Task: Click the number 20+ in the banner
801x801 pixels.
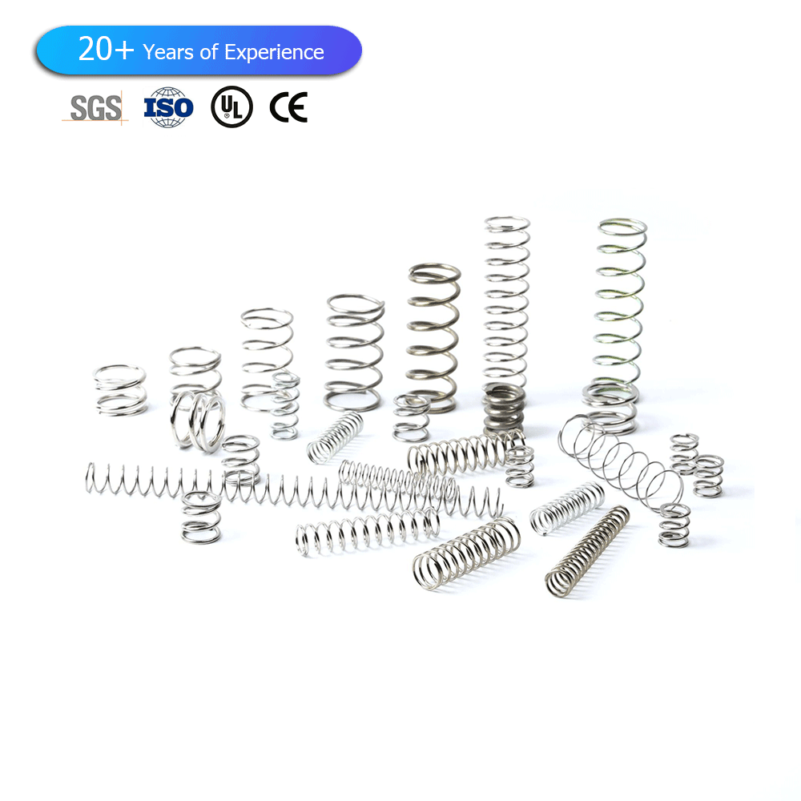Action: [106, 49]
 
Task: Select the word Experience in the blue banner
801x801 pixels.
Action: [274, 53]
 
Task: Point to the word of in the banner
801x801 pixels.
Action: [209, 52]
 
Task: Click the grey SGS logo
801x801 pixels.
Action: [95, 108]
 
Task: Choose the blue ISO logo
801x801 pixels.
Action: [168, 107]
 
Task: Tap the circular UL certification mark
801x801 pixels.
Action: [232, 107]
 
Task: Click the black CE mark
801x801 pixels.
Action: [288, 107]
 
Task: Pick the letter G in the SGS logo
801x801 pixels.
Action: [95, 108]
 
